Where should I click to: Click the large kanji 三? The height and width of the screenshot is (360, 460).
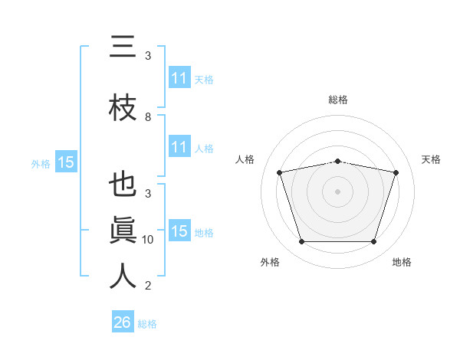tap(123, 46)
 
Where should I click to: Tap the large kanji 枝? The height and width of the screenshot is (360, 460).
tap(123, 107)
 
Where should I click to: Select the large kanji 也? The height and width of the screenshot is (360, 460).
tap(123, 184)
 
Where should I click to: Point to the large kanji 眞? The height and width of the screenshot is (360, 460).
tap(123, 230)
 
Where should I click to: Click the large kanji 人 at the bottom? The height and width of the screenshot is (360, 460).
tap(123, 276)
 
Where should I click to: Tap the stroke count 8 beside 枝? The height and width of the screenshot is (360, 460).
tap(148, 117)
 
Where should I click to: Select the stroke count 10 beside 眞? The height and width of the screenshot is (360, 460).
tap(147, 240)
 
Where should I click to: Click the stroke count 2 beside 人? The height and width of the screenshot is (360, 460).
tap(148, 286)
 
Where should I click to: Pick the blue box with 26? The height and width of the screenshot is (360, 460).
tap(123, 321)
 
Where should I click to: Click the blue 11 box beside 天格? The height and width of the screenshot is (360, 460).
tap(180, 77)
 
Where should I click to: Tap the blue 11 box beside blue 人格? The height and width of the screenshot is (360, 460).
tap(180, 146)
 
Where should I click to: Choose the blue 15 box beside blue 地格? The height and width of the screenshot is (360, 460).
tap(180, 230)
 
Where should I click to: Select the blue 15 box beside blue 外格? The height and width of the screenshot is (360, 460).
tap(66, 162)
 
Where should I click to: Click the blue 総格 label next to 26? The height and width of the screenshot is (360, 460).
tap(147, 324)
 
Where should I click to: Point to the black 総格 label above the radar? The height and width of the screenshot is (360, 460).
tap(338, 100)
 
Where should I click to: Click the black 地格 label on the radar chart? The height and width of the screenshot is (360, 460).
tap(402, 262)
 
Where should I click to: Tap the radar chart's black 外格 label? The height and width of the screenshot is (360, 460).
tap(270, 262)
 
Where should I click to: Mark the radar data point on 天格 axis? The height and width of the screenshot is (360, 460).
tap(396, 172)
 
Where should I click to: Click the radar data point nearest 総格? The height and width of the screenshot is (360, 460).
tap(338, 162)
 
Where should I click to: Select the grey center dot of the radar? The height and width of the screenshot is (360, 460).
tap(337, 191)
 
